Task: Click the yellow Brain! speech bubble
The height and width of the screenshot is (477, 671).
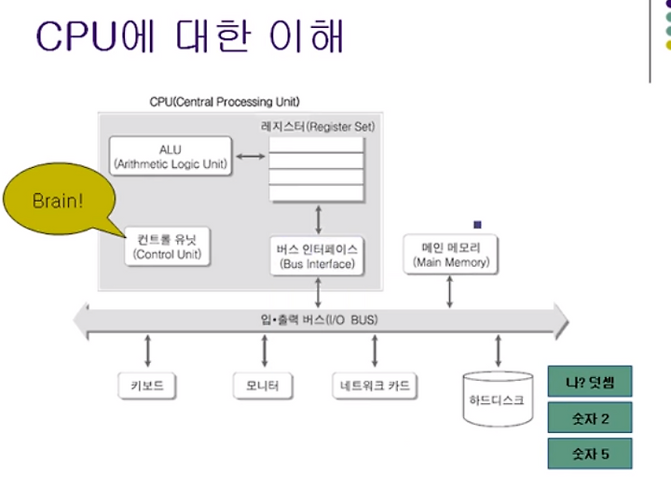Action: pyautogui.click(x=59, y=199)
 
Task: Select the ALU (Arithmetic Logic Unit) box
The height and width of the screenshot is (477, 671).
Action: pyautogui.click(x=171, y=156)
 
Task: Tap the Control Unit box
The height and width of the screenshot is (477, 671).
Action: pyautogui.click(x=168, y=246)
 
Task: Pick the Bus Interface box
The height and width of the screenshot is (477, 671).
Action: pyautogui.click(x=317, y=256)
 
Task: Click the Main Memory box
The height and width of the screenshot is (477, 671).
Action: pyautogui.click(x=451, y=254)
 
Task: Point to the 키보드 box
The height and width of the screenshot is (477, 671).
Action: pyautogui.click(x=147, y=386)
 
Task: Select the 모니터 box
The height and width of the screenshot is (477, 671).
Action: pyautogui.click(x=263, y=386)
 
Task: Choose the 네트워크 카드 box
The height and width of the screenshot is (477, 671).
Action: pyautogui.click(x=375, y=386)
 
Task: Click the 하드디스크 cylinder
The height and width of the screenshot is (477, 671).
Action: pyautogui.click(x=498, y=399)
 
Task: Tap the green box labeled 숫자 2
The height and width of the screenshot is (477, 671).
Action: pyautogui.click(x=590, y=417)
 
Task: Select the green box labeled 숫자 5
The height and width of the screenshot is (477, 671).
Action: pyautogui.click(x=590, y=454)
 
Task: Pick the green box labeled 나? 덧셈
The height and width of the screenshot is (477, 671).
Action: pyautogui.click(x=590, y=381)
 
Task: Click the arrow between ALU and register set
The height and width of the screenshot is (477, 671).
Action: pyautogui.click(x=251, y=157)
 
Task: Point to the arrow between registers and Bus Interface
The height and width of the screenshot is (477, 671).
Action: pyautogui.click(x=318, y=219)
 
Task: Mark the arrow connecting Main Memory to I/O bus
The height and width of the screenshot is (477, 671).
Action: pyautogui.click(x=449, y=291)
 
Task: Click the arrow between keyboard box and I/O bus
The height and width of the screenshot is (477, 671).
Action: pyautogui.click(x=147, y=351)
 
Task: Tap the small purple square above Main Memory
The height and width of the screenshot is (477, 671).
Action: pyautogui.click(x=477, y=225)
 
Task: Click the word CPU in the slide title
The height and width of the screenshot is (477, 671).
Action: pyautogui.click(x=77, y=36)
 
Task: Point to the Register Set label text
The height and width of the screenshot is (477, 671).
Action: pyautogui.click(x=318, y=126)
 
